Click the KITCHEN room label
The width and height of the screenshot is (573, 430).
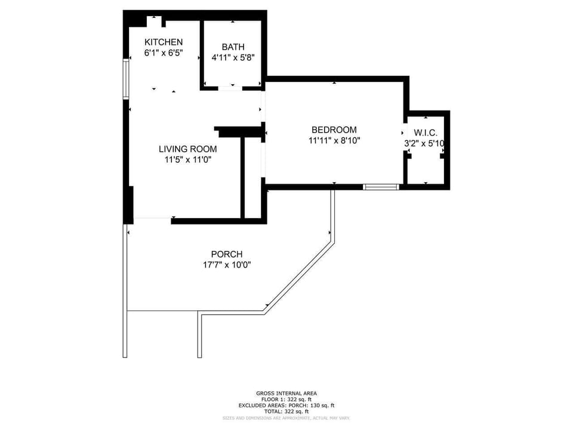point(164,42)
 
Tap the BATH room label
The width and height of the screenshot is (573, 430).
point(233,47)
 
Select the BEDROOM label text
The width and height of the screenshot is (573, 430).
point(334,130)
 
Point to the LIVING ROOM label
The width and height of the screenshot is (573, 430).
point(187,149)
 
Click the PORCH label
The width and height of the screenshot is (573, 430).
point(226,254)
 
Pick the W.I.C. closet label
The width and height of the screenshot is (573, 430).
point(426,133)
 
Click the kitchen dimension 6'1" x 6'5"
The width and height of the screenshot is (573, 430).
point(164,53)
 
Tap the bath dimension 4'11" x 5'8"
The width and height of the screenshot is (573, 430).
point(233,58)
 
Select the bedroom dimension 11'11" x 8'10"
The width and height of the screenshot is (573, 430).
point(334,141)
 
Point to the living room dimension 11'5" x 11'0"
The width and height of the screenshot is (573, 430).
point(187,159)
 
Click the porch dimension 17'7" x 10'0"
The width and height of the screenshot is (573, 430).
point(226,265)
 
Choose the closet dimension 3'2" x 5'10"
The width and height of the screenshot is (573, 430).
point(426,143)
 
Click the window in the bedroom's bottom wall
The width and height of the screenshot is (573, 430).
point(381,187)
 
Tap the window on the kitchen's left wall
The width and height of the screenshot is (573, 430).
point(126,78)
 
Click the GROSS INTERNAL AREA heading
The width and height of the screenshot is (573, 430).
point(286,393)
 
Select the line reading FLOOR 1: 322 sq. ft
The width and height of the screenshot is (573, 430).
point(286,399)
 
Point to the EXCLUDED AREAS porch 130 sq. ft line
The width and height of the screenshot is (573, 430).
point(286,405)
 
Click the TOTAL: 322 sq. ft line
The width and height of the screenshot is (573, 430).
point(286,411)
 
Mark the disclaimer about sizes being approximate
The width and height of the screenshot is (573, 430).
point(286,417)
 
